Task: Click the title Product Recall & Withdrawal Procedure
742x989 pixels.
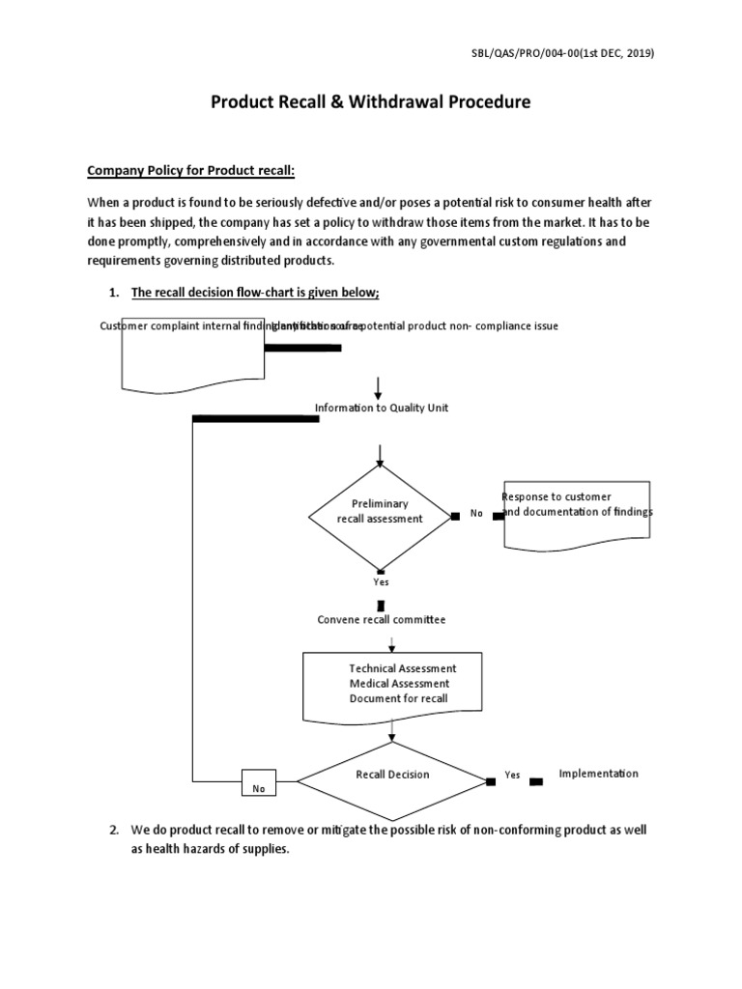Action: point(371,102)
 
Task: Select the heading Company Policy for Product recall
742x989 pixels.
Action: point(190,171)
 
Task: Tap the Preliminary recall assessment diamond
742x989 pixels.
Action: point(380,512)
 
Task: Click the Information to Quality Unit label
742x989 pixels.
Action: point(382,409)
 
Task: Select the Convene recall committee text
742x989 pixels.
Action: point(382,619)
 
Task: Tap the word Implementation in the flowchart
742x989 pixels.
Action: point(598,774)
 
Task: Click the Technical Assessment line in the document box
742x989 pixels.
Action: point(403,668)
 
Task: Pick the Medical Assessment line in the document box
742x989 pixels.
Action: point(400,684)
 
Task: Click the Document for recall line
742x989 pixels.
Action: point(398,698)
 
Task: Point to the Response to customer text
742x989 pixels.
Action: point(556,496)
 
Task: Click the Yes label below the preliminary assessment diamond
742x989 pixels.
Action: point(381,582)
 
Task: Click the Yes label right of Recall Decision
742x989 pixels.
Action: point(512,776)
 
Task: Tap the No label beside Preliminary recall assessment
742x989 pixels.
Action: point(476,514)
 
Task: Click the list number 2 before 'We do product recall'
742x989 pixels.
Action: point(113,831)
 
